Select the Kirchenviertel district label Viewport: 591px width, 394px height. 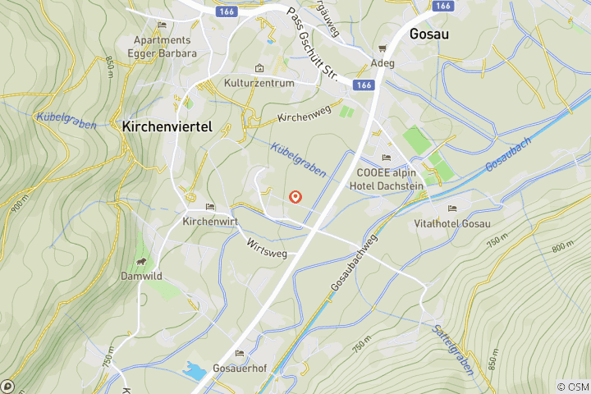tap(167, 127)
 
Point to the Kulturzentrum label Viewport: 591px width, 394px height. tap(259, 84)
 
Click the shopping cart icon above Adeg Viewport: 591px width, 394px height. tap(383, 49)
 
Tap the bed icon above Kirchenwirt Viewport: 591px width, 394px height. tap(210, 207)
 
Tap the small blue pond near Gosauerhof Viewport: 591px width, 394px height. tap(195, 371)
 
